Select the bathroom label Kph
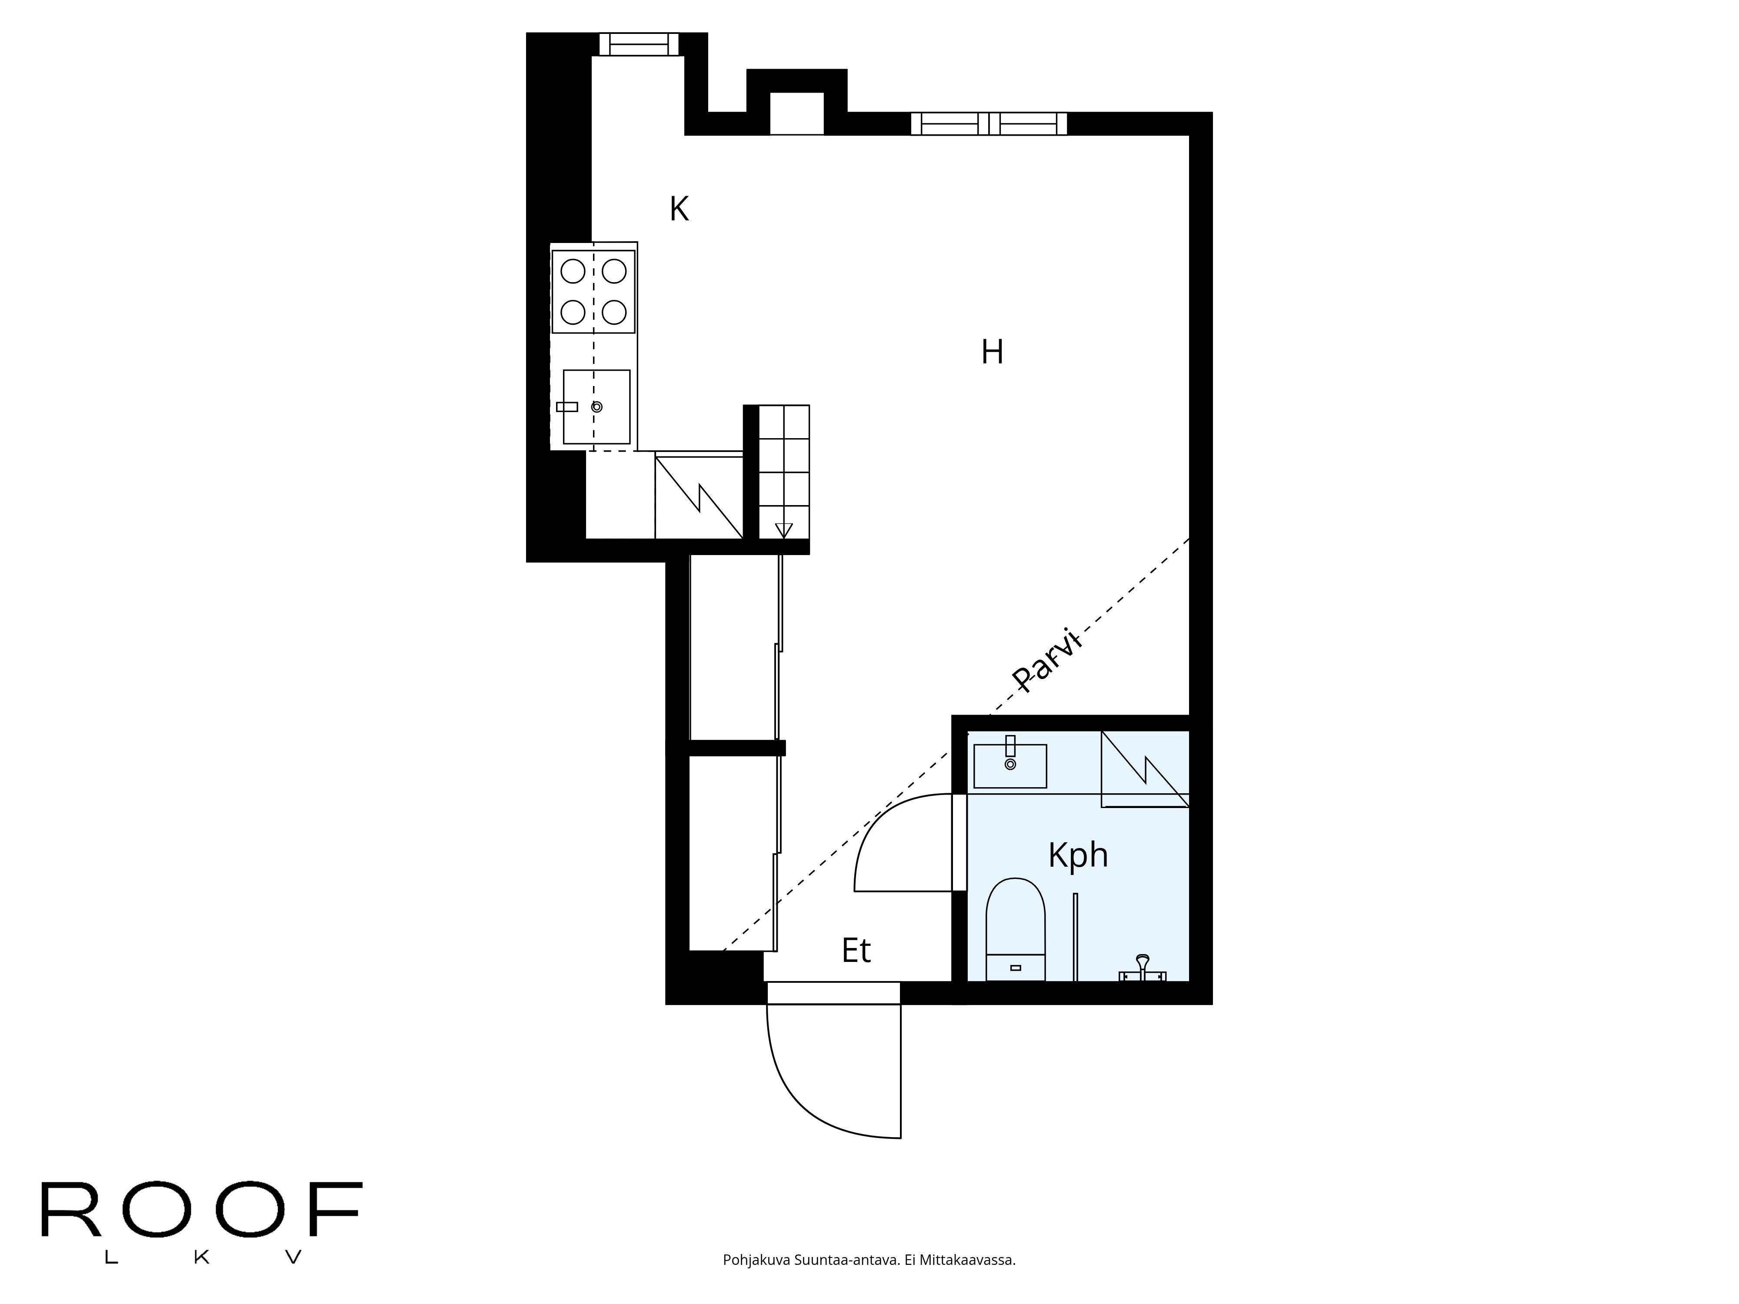(1078, 855)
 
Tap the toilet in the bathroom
(1015, 928)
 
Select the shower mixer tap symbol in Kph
(1142, 969)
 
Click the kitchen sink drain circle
(597, 406)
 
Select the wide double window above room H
(988, 123)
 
